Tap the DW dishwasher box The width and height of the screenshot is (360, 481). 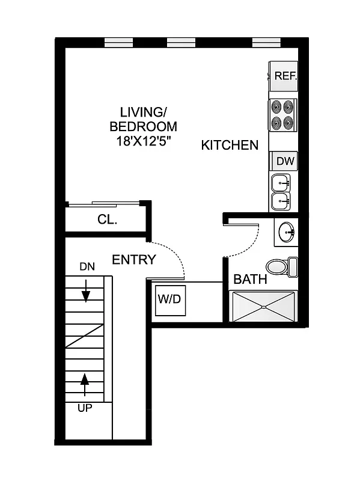click(x=285, y=161)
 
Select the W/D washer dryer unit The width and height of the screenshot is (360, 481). click(x=169, y=299)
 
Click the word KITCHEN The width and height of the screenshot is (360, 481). click(x=230, y=145)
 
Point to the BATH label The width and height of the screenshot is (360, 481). click(x=250, y=280)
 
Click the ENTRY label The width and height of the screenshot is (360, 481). click(x=134, y=260)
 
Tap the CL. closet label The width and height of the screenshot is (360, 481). click(x=108, y=219)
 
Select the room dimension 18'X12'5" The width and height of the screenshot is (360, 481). click(x=143, y=141)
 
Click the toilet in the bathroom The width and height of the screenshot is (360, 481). click(x=279, y=266)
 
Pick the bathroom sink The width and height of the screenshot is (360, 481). click(x=287, y=231)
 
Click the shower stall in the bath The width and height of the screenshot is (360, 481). click(x=264, y=306)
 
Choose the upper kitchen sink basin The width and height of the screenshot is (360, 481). click(x=281, y=182)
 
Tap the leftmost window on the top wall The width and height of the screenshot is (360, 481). click(x=118, y=43)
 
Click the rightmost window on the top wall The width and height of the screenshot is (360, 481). click(x=266, y=43)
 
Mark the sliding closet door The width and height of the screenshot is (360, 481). click(x=105, y=205)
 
